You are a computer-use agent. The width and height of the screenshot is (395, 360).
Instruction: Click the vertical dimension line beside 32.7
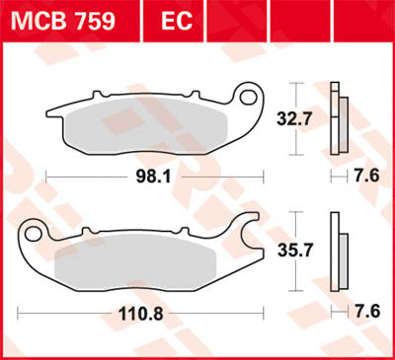[x=299, y=120]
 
